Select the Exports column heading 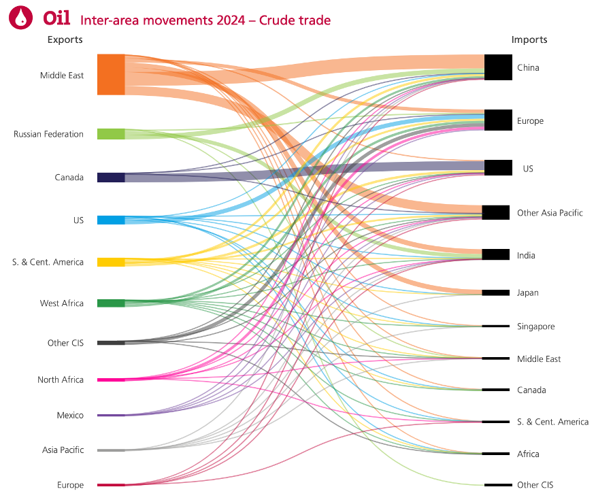[x=65, y=39]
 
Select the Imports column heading [x=529, y=39]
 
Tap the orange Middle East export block [x=111, y=75]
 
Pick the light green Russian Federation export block [x=111, y=134]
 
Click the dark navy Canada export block [x=111, y=178]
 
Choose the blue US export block [x=111, y=220]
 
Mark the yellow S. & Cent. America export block [x=111, y=262]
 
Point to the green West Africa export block [x=111, y=303]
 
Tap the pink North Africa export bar [x=111, y=380]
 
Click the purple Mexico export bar [x=111, y=415]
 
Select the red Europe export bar [x=111, y=485]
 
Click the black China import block [x=498, y=67]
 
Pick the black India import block [x=495, y=255]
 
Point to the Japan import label [x=527, y=293]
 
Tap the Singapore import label [x=535, y=327]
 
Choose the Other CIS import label [x=535, y=485]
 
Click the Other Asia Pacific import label [x=550, y=213]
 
